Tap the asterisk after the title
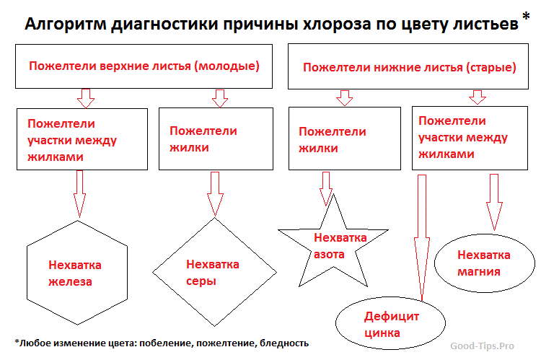coord(526,17)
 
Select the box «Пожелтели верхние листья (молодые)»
coord(144,66)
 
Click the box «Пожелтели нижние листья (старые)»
coord(408,66)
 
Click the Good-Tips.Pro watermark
coord(482,346)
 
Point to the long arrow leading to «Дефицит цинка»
coord(422,237)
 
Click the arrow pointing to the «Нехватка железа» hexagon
coord(79,194)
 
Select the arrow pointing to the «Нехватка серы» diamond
coord(215,194)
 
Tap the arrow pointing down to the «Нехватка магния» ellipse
coord(494,202)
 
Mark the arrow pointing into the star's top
coord(326,189)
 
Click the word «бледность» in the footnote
coord(284,343)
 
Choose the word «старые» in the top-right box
coord(491,67)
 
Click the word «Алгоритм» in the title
coord(66,24)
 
